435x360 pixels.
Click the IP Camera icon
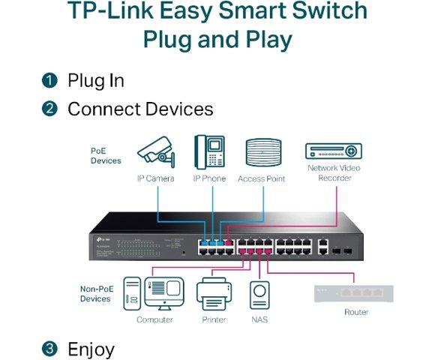[x=156, y=152]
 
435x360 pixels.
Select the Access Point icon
[x=261, y=154]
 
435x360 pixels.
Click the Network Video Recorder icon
[x=333, y=151]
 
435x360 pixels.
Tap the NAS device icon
[x=260, y=294]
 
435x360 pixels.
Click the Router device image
[x=353, y=293]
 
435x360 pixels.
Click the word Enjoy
[x=91, y=349]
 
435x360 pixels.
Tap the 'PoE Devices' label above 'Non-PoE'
[x=106, y=155]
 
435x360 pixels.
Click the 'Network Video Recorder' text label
[x=334, y=172]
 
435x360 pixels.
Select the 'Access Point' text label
[x=261, y=179]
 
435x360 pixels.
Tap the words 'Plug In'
[x=96, y=80]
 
